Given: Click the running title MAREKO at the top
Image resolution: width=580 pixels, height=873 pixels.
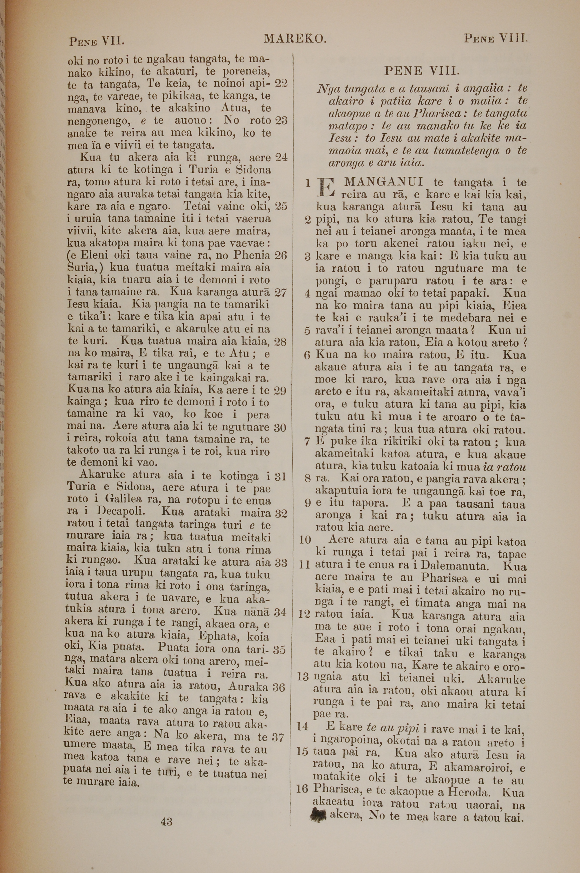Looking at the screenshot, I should [x=295, y=38].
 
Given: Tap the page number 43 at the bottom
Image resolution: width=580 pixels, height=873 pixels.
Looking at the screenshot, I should [x=167, y=822].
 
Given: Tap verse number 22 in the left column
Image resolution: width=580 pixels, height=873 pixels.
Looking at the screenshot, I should [x=281, y=84].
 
